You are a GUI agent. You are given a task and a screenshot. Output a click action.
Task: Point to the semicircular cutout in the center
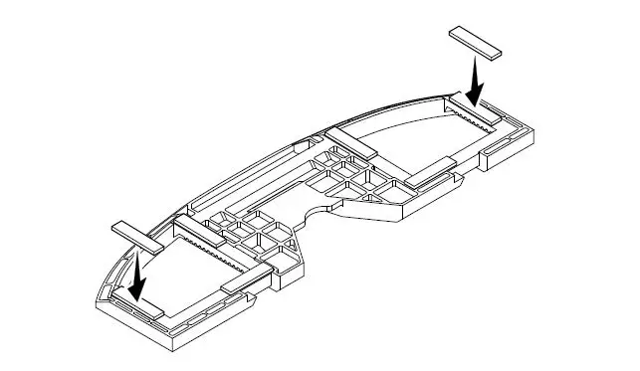pos(317,211)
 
